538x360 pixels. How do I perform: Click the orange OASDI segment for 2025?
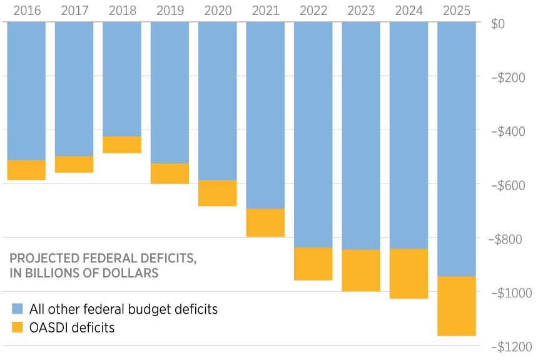click(x=456, y=306)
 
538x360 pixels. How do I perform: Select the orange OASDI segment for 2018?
click(x=121, y=145)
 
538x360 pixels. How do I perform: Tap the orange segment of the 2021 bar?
click(x=265, y=222)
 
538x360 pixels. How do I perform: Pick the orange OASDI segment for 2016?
click(x=26, y=170)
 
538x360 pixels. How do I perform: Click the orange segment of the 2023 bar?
click(x=361, y=270)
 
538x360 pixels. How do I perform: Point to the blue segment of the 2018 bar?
click(x=121, y=79)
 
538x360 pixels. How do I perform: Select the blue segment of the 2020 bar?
click(x=217, y=101)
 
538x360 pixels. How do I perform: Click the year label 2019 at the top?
click(x=170, y=11)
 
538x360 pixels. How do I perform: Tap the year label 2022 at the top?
click(x=313, y=11)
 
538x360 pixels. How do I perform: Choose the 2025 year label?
click(x=456, y=11)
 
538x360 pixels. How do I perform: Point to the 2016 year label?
click(x=26, y=11)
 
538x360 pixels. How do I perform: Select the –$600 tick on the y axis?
click(x=510, y=185)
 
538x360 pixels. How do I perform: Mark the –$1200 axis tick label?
click(x=510, y=347)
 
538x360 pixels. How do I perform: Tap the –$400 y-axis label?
click(x=510, y=131)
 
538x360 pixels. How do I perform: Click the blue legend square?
click(x=18, y=309)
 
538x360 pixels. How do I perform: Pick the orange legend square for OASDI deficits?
click(x=18, y=327)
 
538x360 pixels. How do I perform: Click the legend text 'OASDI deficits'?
click(x=71, y=327)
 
